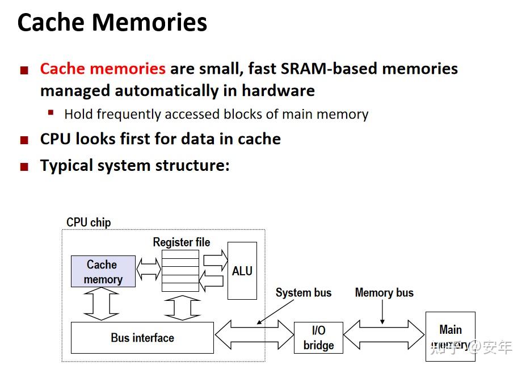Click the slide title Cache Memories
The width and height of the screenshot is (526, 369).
(x=112, y=23)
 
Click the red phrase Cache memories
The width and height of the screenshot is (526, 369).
(x=103, y=69)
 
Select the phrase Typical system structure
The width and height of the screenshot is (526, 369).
(x=134, y=166)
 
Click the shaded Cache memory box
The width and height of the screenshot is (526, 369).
(x=103, y=271)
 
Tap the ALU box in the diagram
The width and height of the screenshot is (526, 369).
(x=242, y=271)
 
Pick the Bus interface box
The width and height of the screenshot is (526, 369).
(x=142, y=338)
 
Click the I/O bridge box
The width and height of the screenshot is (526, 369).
(x=318, y=338)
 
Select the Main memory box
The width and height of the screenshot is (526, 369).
(x=451, y=336)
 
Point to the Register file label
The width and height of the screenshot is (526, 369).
(x=181, y=242)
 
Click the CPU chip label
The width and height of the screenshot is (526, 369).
(x=89, y=222)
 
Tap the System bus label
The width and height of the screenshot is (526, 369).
(x=303, y=293)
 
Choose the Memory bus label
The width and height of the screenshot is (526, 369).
(x=384, y=293)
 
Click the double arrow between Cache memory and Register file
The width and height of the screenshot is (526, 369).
(x=149, y=270)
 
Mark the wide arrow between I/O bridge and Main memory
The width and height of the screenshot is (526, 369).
(x=384, y=336)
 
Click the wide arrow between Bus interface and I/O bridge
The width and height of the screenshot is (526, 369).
(x=254, y=336)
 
